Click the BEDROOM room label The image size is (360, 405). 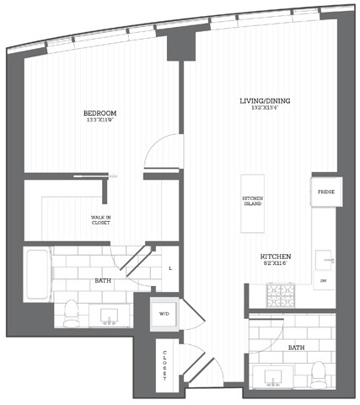click(99, 112)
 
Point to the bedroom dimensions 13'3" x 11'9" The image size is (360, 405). click(99, 120)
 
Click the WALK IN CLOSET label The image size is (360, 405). click(102, 220)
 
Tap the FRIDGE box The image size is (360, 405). click(326, 192)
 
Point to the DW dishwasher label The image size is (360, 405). click(325, 280)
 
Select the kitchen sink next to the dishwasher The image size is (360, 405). click(325, 258)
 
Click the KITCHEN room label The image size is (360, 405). click(276, 256)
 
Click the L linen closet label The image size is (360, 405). click(170, 267)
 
